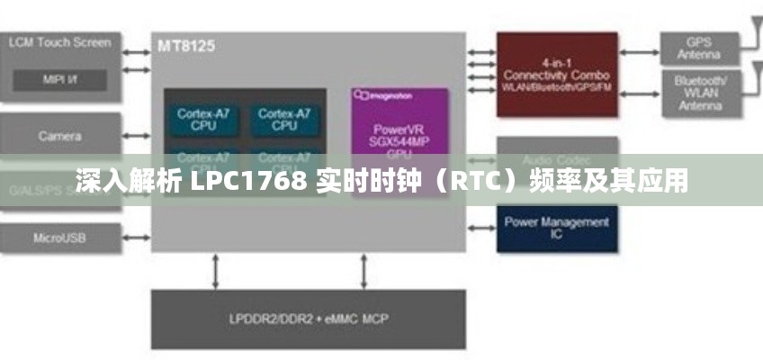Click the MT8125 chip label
[186, 45]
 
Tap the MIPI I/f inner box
[59, 80]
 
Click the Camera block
[59, 136]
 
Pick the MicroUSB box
[59, 238]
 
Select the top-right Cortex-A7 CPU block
[284, 120]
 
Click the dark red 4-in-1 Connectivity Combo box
[557, 75]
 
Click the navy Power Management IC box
[557, 227]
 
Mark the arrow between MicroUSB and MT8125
[136, 238]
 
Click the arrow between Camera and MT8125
[136, 137]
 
